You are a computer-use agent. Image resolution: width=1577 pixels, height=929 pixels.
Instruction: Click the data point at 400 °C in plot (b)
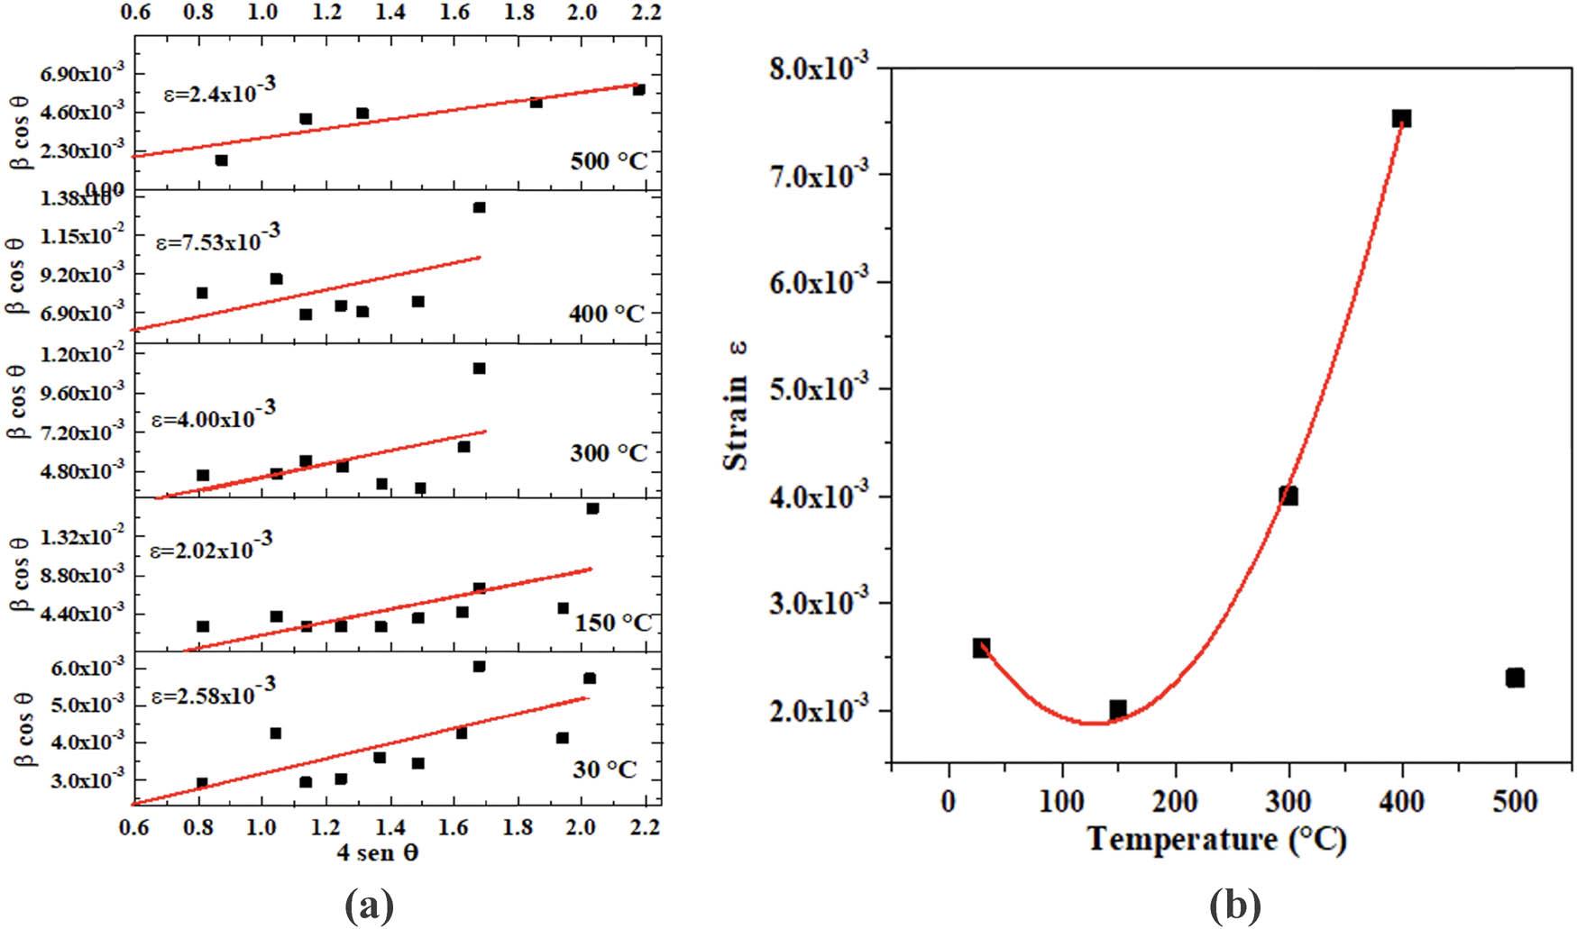pyautogui.click(x=1401, y=119)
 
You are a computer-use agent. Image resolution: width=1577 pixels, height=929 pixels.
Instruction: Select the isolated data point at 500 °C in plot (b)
pyautogui.click(x=1515, y=678)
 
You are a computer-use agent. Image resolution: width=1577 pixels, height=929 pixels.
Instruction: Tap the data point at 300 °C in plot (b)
pyautogui.click(x=1288, y=496)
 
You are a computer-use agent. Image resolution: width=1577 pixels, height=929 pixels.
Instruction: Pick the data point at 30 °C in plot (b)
pyautogui.click(x=982, y=647)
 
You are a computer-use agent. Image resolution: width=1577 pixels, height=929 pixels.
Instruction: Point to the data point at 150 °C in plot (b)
pyautogui.click(x=1118, y=709)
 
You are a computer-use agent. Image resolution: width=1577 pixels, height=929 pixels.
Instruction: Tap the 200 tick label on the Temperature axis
pyautogui.click(x=1176, y=801)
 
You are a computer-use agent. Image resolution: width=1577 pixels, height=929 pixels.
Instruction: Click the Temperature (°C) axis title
pyautogui.click(x=1217, y=840)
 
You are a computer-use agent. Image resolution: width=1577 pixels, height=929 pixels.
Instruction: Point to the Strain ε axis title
pyautogui.click(x=737, y=405)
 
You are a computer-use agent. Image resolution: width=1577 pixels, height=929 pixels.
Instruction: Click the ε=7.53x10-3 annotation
pyautogui.click(x=218, y=239)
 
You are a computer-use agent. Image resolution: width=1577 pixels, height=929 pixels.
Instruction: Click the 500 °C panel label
pyautogui.click(x=609, y=161)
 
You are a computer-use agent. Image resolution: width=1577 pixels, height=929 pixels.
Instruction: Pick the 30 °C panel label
pyautogui.click(x=605, y=770)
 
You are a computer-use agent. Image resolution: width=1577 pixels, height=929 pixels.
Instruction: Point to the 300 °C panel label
pyautogui.click(x=609, y=452)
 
